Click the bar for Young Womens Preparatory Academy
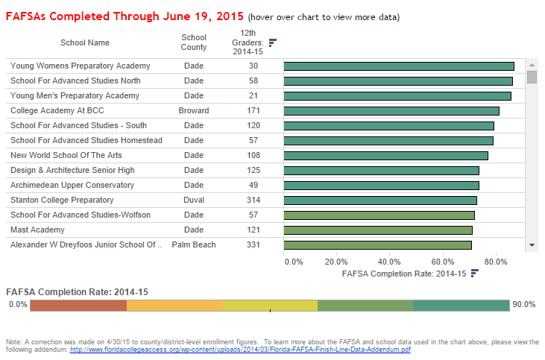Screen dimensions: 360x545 coord(399,66)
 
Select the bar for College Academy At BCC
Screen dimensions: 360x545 coord(391,111)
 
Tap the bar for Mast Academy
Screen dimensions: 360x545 coord(378,230)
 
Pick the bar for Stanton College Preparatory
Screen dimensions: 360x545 coord(380,200)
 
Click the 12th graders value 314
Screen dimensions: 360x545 coord(253,200)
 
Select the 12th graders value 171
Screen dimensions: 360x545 coord(253,110)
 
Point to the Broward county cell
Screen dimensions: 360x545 coord(194,110)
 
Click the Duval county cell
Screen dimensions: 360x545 coord(194,200)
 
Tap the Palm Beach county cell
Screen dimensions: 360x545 coord(194,244)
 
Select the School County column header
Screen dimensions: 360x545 coord(194,42)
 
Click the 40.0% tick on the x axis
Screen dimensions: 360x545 coord(389,262)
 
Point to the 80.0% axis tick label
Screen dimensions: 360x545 coord(495,262)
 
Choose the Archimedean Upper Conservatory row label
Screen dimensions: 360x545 coord(72,185)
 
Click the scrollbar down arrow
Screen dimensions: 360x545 coord(532,244)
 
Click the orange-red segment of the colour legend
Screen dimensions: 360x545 coord(79,306)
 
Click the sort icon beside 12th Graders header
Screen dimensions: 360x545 coord(273,42)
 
